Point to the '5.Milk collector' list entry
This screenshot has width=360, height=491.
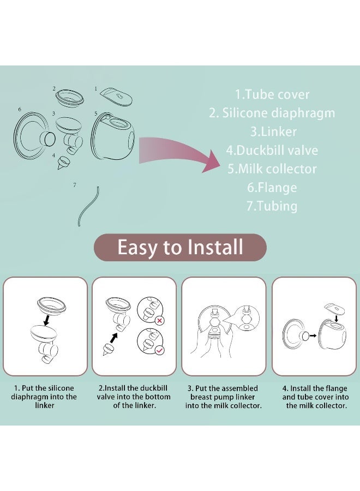point(272,169)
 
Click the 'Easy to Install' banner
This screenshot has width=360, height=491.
point(180,247)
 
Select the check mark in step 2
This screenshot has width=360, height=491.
point(159,350)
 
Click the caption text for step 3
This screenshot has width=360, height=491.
point(224,397)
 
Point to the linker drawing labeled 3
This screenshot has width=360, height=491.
point(69,134)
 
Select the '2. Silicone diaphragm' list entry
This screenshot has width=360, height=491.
point(272,113)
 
